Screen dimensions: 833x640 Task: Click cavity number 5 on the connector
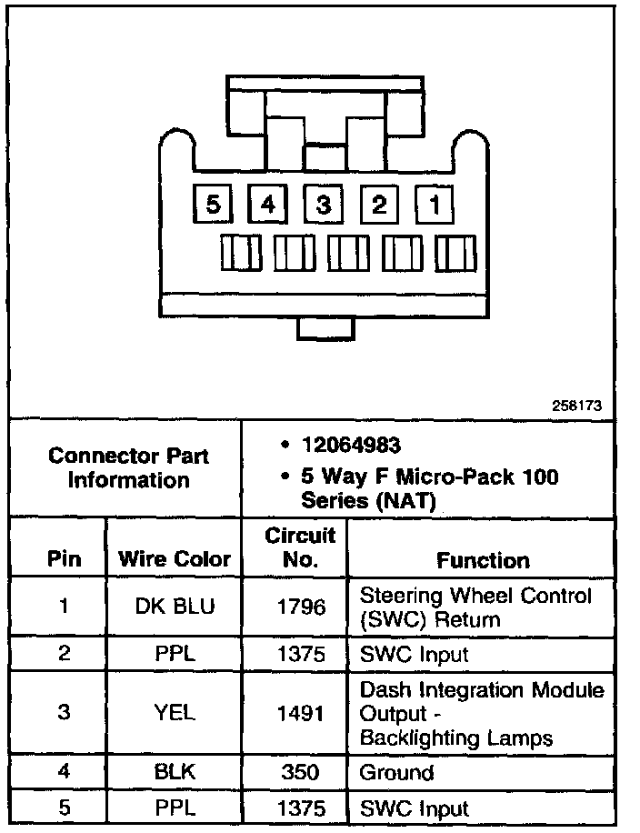[x=213, y=205]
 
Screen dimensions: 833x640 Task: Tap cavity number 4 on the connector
[x=268, y=205]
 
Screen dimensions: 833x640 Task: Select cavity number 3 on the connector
[x=323, y=205]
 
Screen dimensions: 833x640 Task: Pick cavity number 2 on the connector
[x=379, y=205]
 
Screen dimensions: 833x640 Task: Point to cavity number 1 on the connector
[x=435, y=205]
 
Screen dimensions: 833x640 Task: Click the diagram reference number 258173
[x=576, y=406]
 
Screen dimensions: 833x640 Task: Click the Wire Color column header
[x=175, y=559]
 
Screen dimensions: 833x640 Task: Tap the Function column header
[x=483, y=559]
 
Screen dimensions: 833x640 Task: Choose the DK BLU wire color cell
[x=175, y=607]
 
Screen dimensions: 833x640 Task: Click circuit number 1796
[x=300, y=607]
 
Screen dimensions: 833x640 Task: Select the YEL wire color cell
[x=175, y=712]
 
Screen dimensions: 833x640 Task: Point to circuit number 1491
[x=300, y=712]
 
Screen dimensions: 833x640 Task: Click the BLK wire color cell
[x=175, y=773]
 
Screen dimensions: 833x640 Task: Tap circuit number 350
[x=300, y=773]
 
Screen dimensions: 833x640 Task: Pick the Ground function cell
[x=397, y=773]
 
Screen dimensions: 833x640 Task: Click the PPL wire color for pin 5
[x=175, y=808]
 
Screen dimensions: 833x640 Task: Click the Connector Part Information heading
[x=128, y=467]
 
